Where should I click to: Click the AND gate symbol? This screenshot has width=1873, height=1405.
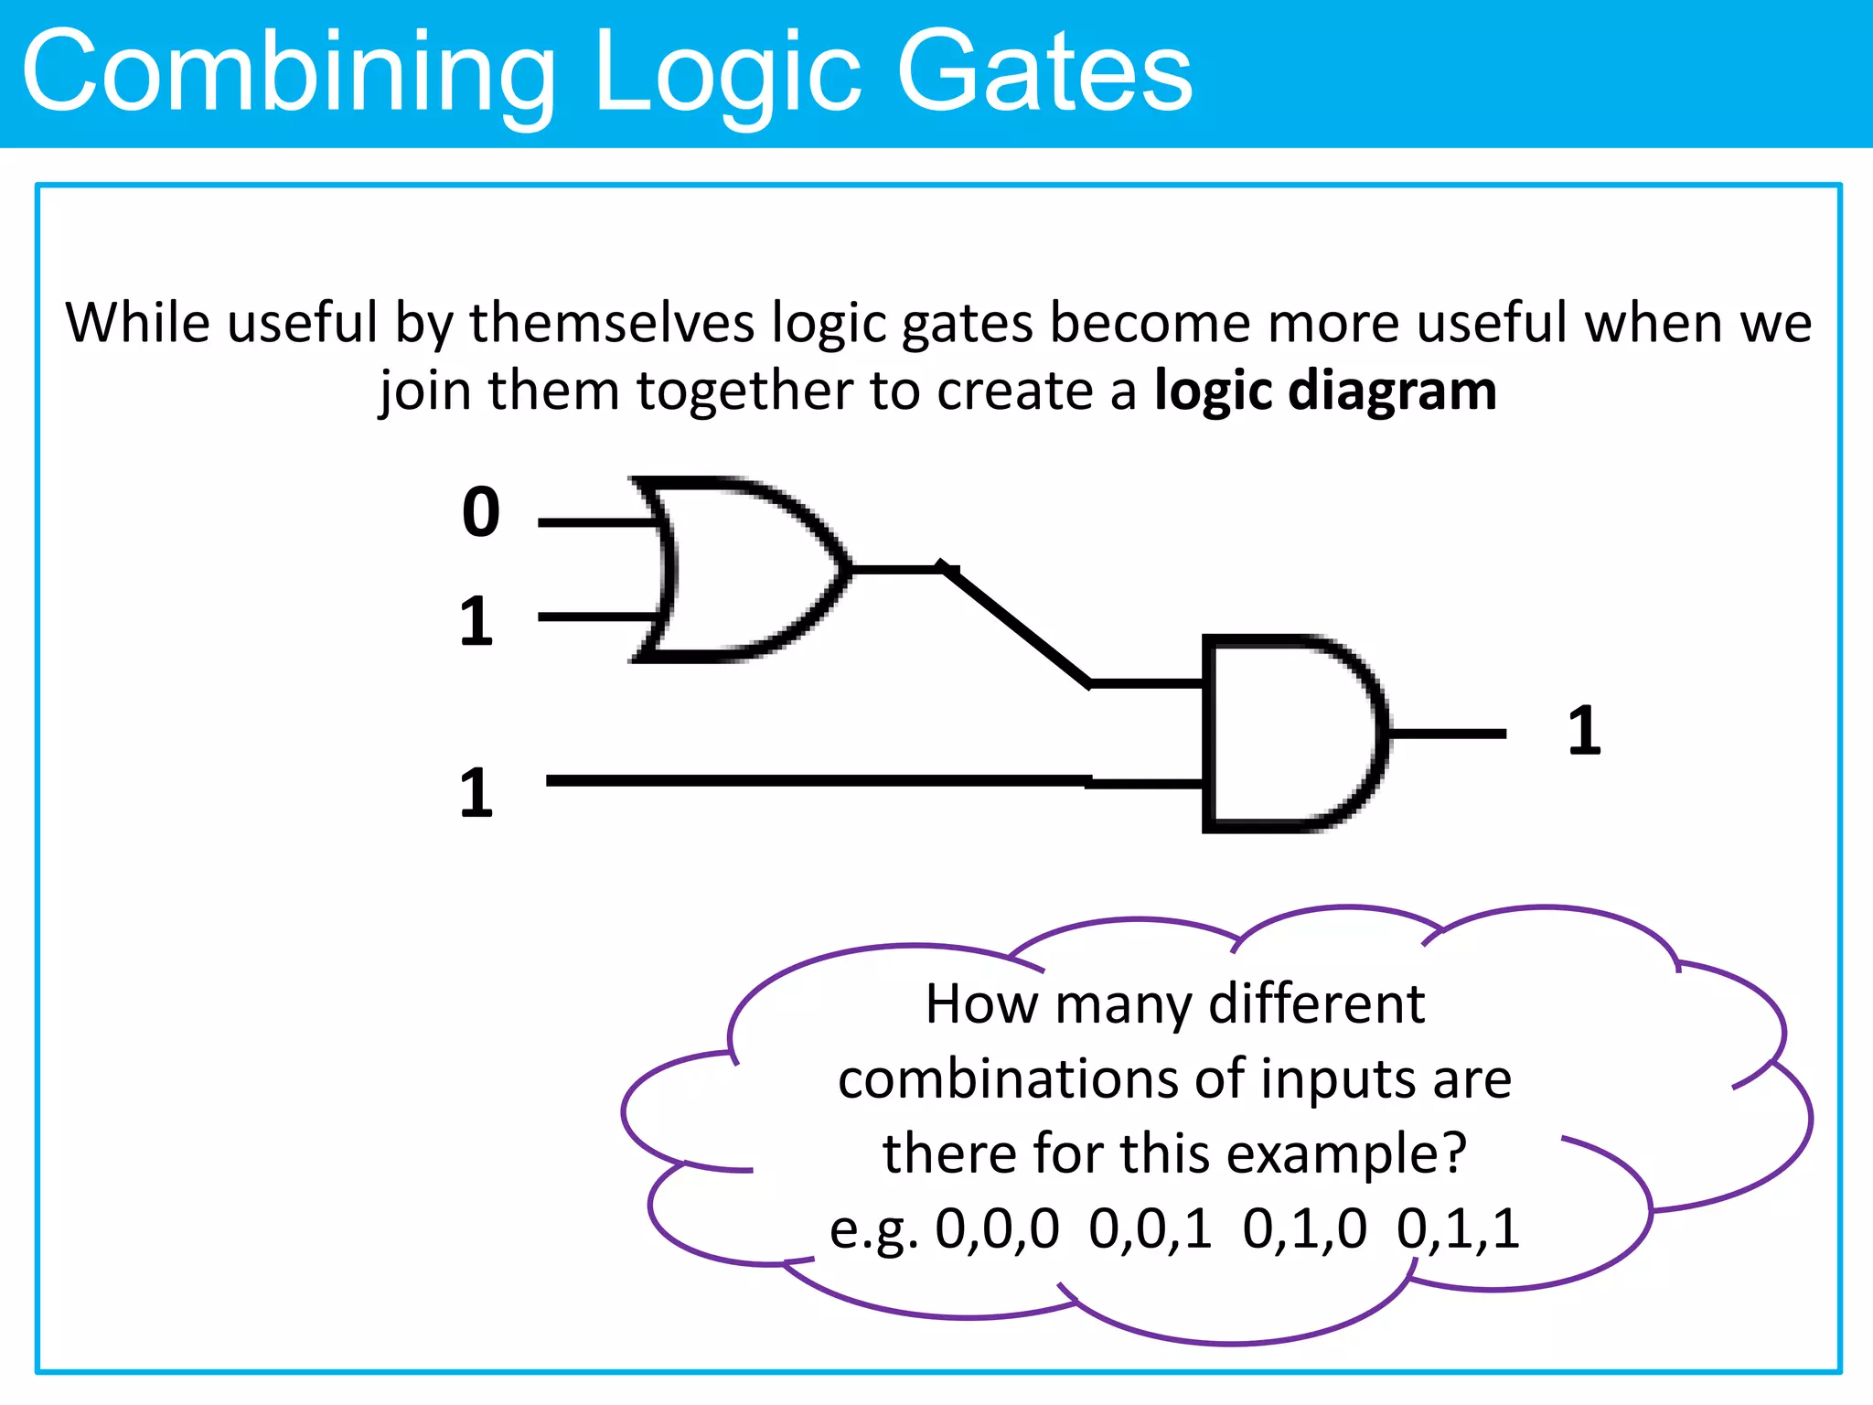click(x=1290, y=734)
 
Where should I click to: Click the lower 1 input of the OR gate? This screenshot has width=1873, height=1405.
click(x=476, y=622)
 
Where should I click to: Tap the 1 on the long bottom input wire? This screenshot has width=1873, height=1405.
click(x=476, y=793)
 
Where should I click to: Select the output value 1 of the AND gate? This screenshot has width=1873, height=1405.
click(x=1585, y=731)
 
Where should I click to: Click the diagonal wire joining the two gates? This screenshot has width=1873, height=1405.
click(x=1015, y=626)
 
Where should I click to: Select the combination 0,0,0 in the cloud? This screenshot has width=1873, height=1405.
click(x=997, y=1228)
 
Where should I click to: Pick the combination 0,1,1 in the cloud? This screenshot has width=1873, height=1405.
click(x=1458, y=1228)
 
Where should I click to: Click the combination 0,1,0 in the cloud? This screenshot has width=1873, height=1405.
click(x=1304, y=1228)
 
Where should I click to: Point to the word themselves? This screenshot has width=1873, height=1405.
click(x=612, y=323)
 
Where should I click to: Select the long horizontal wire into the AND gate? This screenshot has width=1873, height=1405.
click(x=814, y=780)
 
